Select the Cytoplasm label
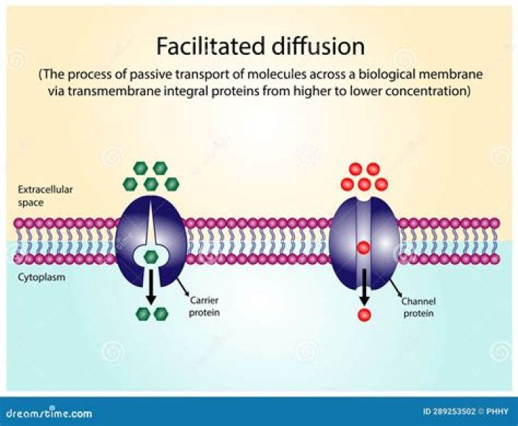point(37,275)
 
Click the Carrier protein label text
point(205,307)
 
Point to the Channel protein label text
point(418,307)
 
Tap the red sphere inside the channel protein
point(363,248)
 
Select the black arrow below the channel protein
point(364,285)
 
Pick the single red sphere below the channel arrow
point(364,314)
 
